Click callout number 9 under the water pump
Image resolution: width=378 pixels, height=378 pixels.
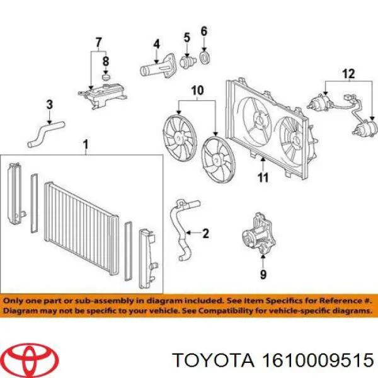(263, 274)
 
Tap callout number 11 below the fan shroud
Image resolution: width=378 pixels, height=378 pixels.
(263, 178)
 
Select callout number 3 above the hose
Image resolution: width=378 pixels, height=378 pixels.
(49, 105)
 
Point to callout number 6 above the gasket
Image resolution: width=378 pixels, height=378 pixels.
(204, 31)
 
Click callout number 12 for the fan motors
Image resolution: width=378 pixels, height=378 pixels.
(349, 74)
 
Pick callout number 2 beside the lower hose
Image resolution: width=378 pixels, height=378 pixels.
(205, 233)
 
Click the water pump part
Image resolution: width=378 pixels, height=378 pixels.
(259, 234)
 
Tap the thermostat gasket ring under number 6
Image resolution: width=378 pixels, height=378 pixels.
(205, 58)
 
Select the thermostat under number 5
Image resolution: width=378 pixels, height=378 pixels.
(187, 62)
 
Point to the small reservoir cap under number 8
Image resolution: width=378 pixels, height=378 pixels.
(106, 77)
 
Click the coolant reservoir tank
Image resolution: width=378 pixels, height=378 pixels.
(103, 94)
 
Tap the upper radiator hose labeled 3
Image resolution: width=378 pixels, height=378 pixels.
(46, 134)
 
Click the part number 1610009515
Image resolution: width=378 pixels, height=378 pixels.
(318, 360)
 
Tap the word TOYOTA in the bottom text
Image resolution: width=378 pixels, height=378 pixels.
(214, 360)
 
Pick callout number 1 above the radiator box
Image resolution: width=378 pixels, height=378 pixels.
(86, 145)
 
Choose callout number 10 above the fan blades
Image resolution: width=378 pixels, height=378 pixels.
(197, 91)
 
